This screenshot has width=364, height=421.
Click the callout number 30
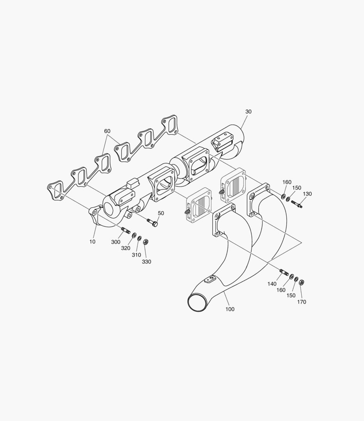click(x=249, y=111)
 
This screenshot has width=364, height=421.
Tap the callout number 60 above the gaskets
click(x=107, y=131)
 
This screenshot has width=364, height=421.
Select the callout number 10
click(x=92, y=242)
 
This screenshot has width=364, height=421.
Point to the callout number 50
click(x=161, y=213)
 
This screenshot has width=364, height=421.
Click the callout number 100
click(x=230, y=309)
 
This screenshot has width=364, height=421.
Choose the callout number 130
click(x=307, y=194)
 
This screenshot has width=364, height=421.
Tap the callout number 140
click(x=272, y=284)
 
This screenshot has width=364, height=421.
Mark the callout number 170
click(x=302, y=302)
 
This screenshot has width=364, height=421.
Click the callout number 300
click(x=115, y=242)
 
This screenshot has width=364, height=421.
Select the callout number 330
click(x=146, y=262)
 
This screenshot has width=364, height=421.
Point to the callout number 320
click(x=126, y=248)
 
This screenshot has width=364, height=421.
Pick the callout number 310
click(x=136, y=255)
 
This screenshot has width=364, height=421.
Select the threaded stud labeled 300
click(x=126, y=230)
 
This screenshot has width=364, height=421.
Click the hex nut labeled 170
click(x=302, y=282)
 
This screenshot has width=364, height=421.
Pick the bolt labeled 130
click(x=296, y=203)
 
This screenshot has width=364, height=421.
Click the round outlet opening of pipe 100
click(x=197, y=302)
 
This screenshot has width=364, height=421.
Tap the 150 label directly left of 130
click(x=297, y=188)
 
